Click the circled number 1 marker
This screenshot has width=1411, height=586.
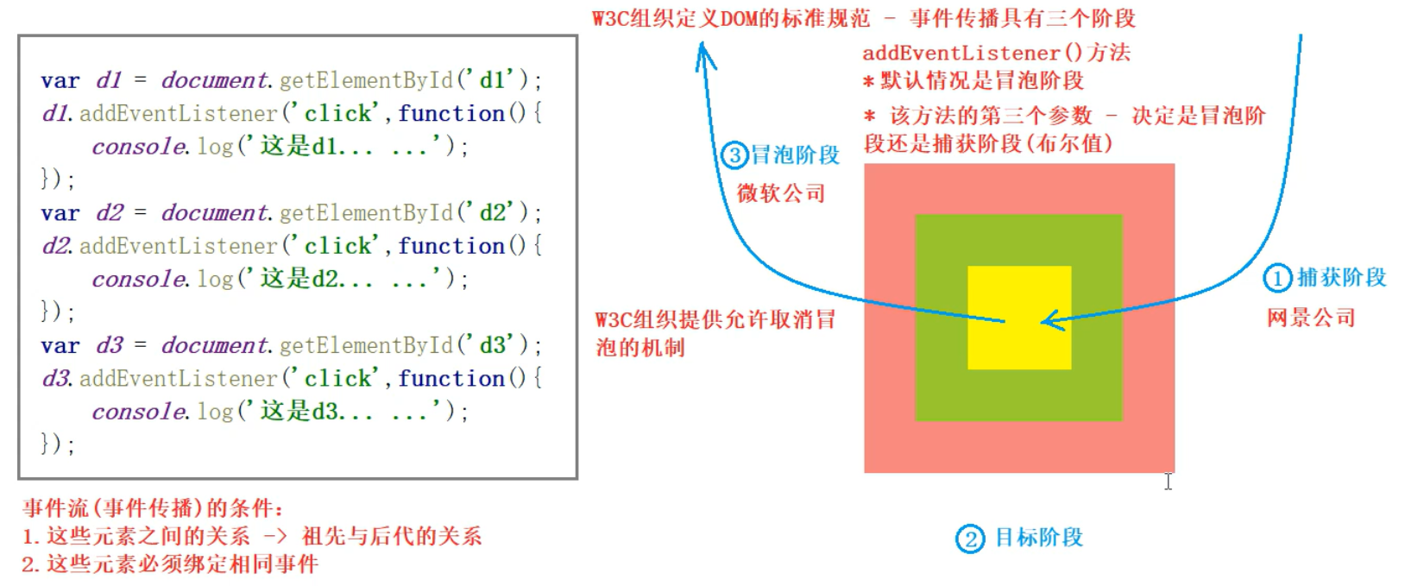(1276, 278)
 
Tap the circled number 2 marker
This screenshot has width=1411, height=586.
(970, 539)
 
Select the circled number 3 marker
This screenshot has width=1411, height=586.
(734, 155)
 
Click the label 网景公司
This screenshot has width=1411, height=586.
(1310, 318)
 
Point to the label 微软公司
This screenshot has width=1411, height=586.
(781, 193)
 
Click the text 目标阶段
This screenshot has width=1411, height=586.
(1038, 538)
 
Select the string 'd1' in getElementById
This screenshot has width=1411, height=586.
(491, 80)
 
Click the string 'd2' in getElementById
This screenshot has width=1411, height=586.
(491, 213)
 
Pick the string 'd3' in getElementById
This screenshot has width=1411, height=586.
(491, 345)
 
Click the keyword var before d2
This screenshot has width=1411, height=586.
(60, 213)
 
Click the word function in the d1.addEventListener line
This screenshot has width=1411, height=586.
(451, 113)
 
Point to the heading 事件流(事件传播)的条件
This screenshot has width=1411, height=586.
(153, 507)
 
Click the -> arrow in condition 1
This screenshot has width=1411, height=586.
(275, 537)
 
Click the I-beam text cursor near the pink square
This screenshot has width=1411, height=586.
(1168, 482)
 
